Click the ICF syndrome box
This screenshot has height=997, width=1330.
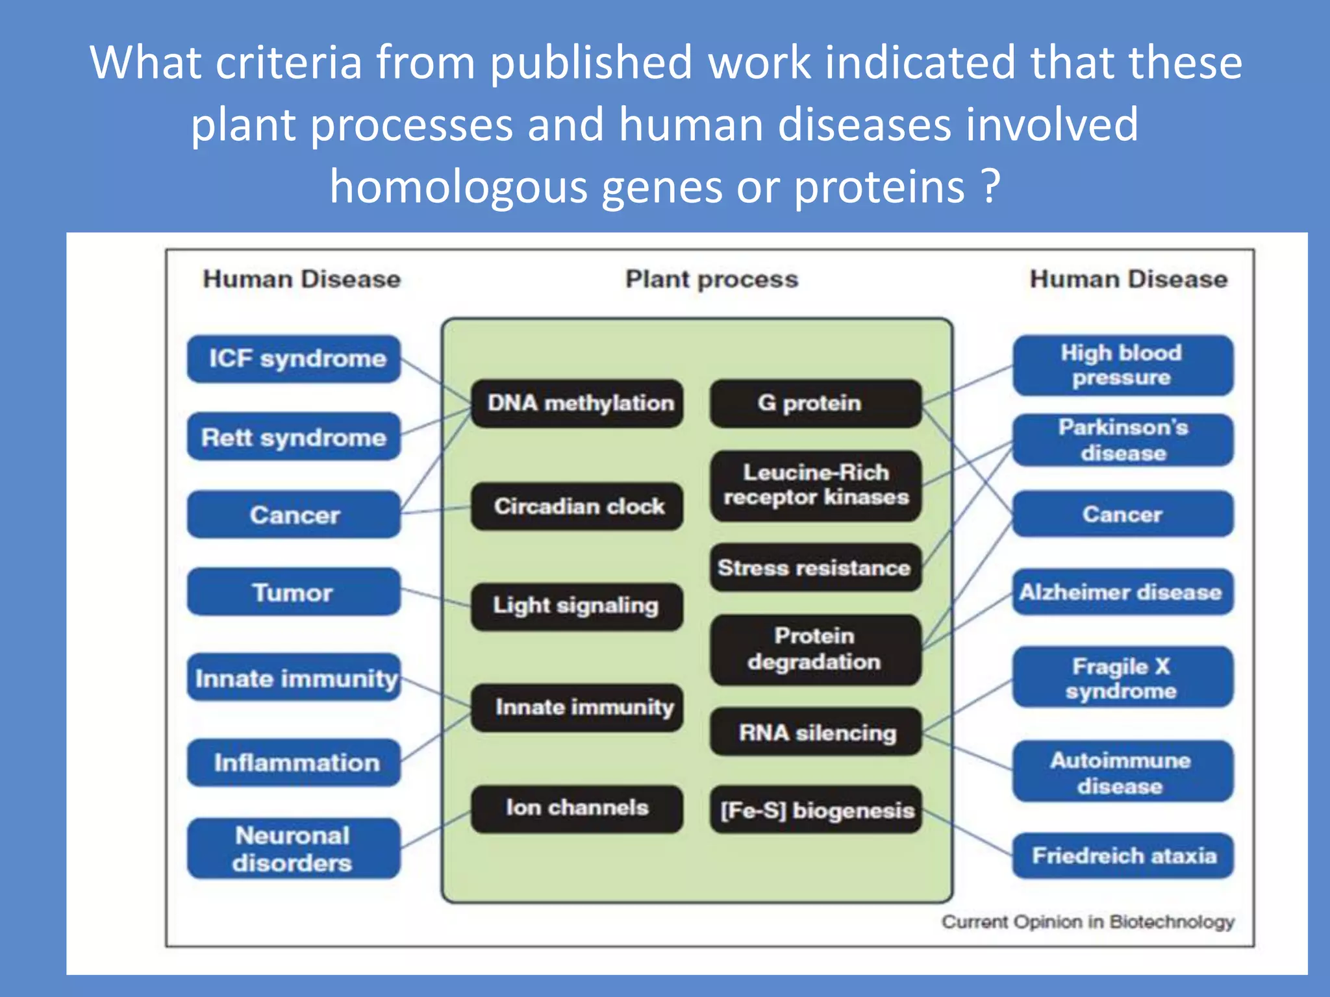pos(294,359)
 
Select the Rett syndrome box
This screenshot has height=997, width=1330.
pos(294,437)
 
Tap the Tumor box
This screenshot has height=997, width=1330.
pos(294,592)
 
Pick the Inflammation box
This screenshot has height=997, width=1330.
pos(294,763)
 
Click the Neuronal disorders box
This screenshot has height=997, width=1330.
pos(294,848)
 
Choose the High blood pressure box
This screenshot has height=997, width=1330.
pos(1122,365)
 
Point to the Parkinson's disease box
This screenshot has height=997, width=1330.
pos(1122,440)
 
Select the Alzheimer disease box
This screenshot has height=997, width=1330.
pos(1122,592)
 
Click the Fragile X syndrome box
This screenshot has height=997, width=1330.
pos(1122,677)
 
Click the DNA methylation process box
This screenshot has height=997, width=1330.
pos(577,403)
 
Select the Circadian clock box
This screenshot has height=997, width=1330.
pos(577,506)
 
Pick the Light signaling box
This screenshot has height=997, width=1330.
pos(577,606)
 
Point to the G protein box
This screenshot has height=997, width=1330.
pos(816,403)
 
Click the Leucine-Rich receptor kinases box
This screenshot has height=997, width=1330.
pos(816,485)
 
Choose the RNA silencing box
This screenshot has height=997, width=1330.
pos(816,732)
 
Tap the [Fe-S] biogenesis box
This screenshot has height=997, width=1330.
pos(816,809)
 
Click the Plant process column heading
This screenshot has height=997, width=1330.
pos(711,279)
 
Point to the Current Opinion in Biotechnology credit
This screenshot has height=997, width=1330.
pos(1088,922)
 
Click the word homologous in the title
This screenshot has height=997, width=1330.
pos(458,186)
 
